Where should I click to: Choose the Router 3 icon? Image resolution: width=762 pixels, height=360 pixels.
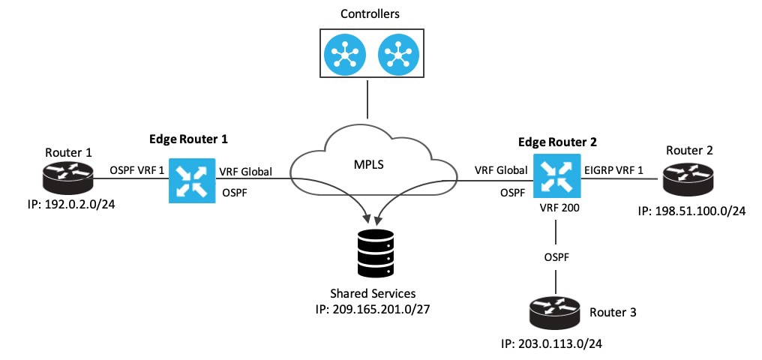click(555, 309)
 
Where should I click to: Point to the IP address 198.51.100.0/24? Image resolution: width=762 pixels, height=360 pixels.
click(692, 211)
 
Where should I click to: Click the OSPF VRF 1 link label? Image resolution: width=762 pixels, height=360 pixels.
click(137, 172)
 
